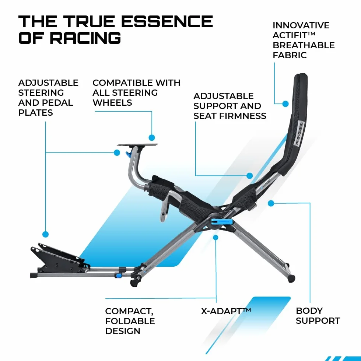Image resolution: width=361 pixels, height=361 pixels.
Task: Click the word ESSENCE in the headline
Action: click(167, 21)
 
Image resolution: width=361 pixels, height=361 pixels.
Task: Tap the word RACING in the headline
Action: click(85, 38)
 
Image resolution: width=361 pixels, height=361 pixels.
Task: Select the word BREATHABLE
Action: click(304, 45)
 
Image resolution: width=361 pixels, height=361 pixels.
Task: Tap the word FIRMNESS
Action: click(243, 116)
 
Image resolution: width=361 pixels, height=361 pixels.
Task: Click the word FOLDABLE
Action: click(130, 321)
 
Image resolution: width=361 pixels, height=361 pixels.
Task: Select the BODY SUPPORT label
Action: click(318, 316)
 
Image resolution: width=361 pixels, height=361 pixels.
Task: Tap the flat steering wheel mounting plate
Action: click(137, 145)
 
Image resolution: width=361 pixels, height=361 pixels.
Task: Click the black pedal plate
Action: click(59, 257)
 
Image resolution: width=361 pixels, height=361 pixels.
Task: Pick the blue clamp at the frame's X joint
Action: click(221, 222)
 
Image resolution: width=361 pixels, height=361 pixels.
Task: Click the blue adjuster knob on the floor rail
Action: click(119, 276)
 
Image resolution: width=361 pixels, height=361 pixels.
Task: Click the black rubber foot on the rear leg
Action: click(291, 278)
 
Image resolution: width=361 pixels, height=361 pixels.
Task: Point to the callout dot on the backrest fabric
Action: click(285, 104)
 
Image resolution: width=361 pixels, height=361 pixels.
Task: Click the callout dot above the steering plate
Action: click(152, 138)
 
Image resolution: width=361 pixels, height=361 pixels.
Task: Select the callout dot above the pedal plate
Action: click(46, 234)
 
